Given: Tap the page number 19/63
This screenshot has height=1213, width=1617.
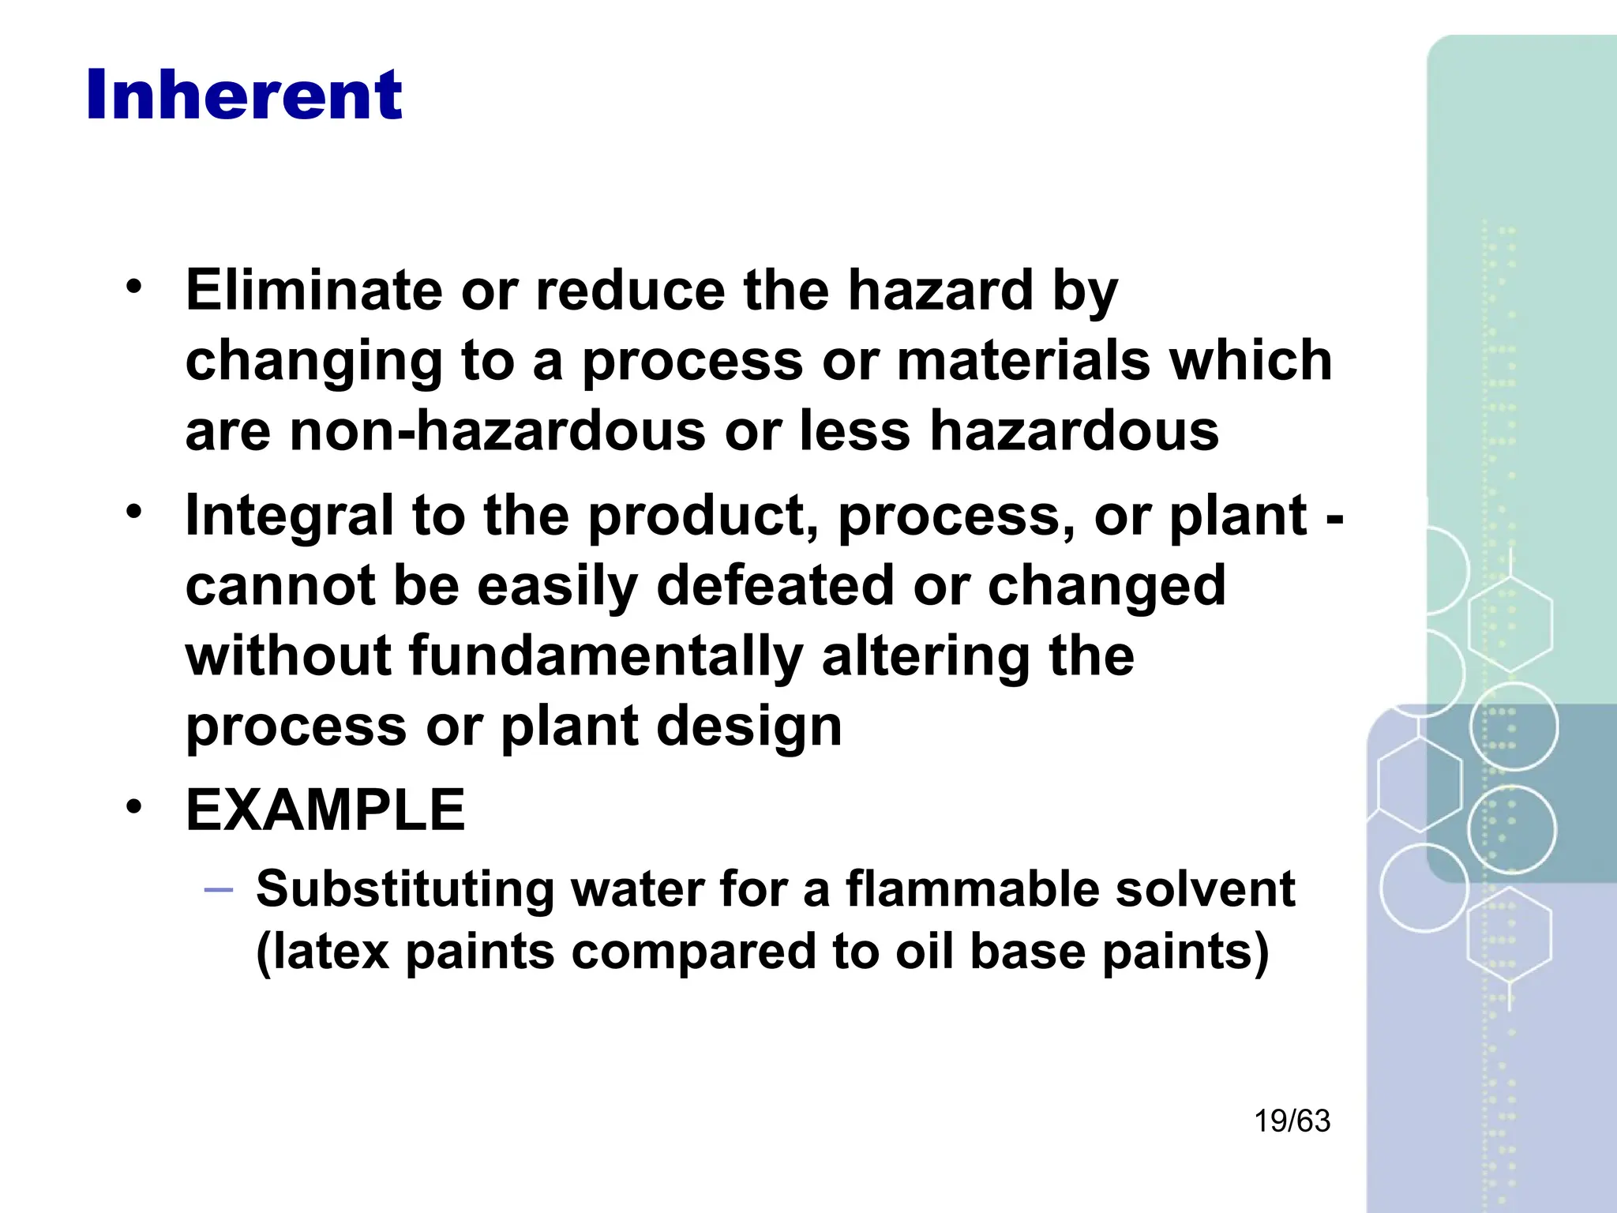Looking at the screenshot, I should pos(1292,1121).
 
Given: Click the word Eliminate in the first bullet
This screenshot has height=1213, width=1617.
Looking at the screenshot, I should pos(314,290).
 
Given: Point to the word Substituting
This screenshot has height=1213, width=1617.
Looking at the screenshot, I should pos(405,889).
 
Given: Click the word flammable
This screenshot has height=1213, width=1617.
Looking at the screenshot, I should pos(970,889).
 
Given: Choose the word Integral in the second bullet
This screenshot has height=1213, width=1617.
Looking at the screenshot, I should pos(289,516).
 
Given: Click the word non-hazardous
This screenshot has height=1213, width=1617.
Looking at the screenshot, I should pos(497,431).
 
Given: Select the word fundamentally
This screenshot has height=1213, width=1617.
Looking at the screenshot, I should pos(606,656).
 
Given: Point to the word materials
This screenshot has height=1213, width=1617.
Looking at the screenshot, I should pos(1023,361).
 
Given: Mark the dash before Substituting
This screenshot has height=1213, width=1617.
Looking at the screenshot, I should pos(218,890).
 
